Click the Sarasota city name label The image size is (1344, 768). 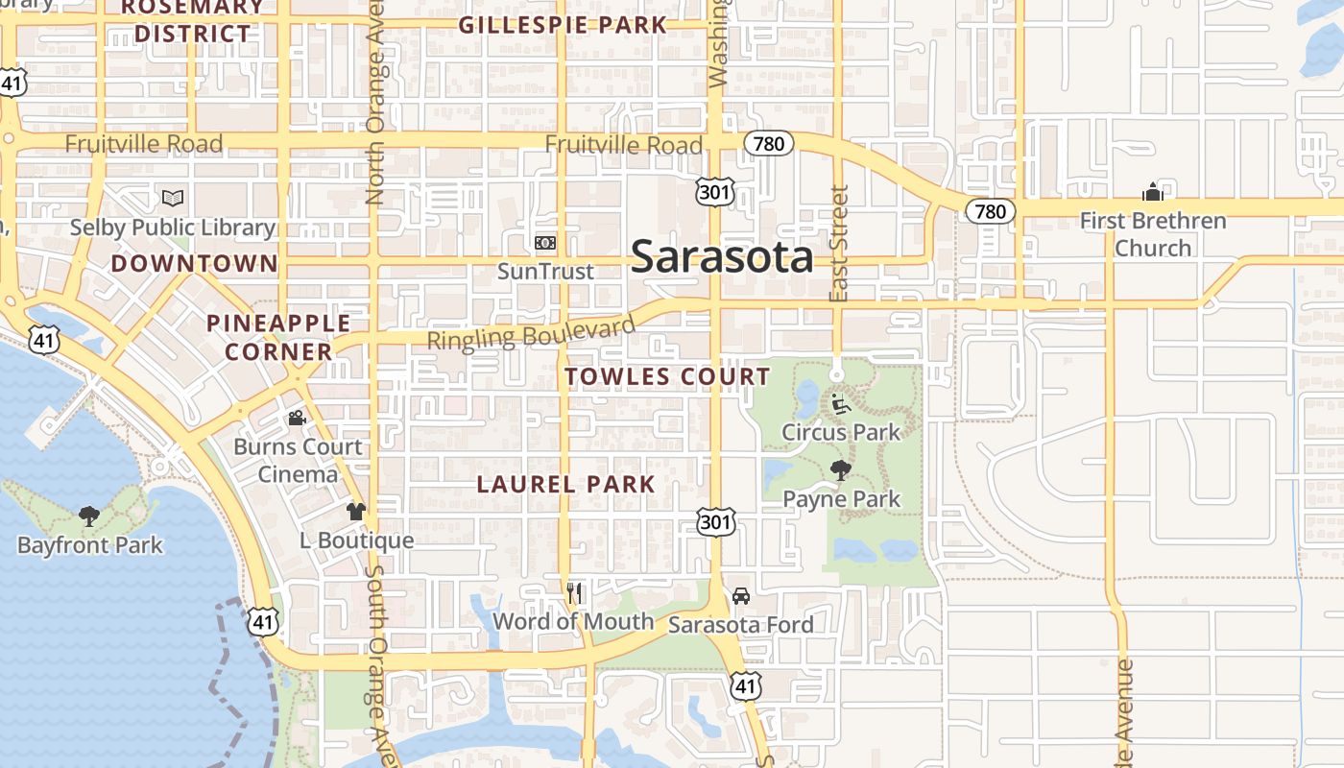[x=722, y=257]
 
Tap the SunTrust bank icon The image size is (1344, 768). [x=545, y=243]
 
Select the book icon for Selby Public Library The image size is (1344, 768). [x=173, y=198]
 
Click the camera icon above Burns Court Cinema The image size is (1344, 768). [x=298, y=419]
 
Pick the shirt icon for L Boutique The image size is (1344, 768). [x=356, y=512]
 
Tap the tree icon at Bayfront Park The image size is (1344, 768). [x=89, y=516]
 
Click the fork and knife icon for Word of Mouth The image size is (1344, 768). [x=574, y=592]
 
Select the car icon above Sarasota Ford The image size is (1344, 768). [x=740, y=596]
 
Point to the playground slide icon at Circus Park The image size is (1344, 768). [x=841, y=404]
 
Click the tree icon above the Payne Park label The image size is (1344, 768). [x=841, y=470]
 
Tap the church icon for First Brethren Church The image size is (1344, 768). [x=1153, y=192]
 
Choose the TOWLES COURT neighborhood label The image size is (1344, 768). [x=667, y=376]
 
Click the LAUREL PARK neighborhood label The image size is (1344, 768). [x=566, y=485]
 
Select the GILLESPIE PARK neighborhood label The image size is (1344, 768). [x=563, y=25]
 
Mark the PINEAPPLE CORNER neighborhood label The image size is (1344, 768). [x=278, y=337]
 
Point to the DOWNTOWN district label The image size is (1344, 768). [x=194, y=263]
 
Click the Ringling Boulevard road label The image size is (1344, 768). [x=531, y=333]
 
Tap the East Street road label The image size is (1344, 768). [x=839, y=244]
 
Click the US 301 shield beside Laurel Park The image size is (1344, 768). [x=716, y=522]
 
